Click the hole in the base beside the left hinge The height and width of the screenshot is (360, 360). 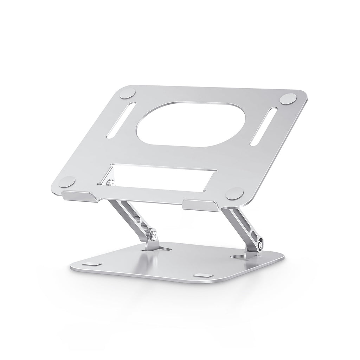[x=165, y=249]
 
